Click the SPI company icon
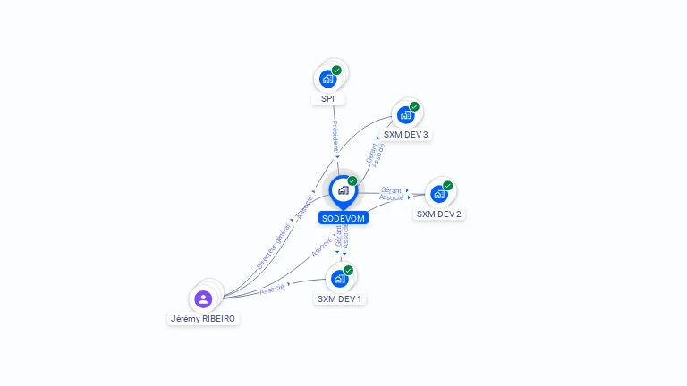(327, 79)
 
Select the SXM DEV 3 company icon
(406, 115)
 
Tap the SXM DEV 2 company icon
(438, 194)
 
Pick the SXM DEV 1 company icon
(339, 279)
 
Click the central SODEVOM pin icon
(343, 189)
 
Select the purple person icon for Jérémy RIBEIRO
(203, 299)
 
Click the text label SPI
(327, 98)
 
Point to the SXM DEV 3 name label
(406, 135)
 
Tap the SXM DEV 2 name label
(439, 214)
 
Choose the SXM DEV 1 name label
(340, 298)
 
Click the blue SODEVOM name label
(343, 218)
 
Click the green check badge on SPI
(336, 71)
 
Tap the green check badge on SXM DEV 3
(415, 106)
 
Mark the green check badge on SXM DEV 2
(447, 186)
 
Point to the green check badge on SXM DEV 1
(348, 270)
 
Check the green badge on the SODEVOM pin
(352, 181)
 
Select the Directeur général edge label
(273, 248)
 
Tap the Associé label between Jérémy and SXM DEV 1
(272, 289)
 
